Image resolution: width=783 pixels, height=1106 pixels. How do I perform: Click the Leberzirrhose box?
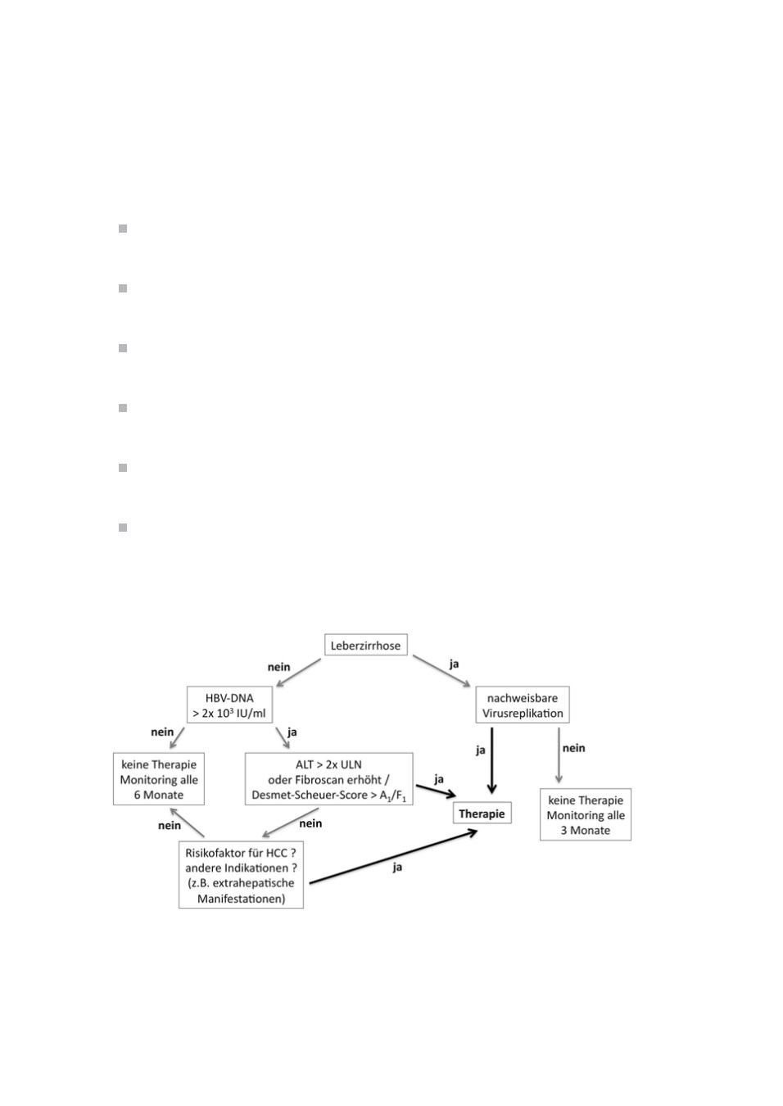(x=365, y=645)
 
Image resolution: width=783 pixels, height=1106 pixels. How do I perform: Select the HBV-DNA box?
(x=229, y=705)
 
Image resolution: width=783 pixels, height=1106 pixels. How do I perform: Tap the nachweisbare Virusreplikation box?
(x=523, y=705)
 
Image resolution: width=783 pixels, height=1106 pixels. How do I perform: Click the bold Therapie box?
(x=482, y=814)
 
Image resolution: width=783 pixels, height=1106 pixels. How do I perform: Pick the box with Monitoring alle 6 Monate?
(x=158, y=779)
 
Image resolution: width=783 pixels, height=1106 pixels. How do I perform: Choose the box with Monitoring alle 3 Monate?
(x=586, y=814)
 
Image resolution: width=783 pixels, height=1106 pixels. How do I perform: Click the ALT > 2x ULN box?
(x=328, y=779)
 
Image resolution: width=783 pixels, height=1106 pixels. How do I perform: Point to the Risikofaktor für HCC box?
(x=241, y=876)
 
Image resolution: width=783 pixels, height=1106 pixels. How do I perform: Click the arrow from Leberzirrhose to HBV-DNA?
(x=298, y=673)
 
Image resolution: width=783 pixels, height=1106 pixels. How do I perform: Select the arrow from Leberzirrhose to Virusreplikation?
(x=441, y=671)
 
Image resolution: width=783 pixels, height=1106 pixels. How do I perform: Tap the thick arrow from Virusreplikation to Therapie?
(x=491, y=760)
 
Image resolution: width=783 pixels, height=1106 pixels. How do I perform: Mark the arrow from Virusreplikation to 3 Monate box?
(x=559, y=755)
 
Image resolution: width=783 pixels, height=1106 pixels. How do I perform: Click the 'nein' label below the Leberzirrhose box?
(x=279, y=667)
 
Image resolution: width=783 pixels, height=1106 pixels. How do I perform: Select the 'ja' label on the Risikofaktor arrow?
(x=397, y=868)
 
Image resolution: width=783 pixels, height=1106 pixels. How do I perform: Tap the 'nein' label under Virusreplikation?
(x=573, y=748)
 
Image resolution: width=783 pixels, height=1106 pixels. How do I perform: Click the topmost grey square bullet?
(x=123, y=229)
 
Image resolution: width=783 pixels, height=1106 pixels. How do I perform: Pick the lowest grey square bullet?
(x=123, y=528)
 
